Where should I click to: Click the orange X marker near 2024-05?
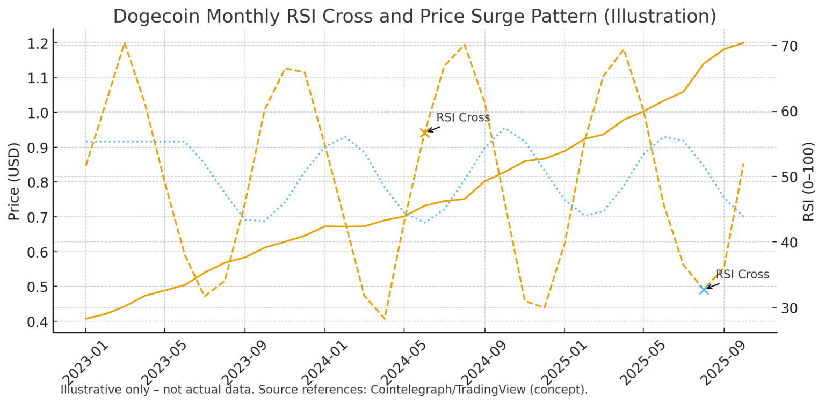coord(424,133)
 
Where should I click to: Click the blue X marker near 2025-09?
coord(704,290)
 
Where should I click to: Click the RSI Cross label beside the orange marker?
coord(463,117)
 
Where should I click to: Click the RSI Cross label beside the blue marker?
coord(742,274)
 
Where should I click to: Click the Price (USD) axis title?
coord(14,181)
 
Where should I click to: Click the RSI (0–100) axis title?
coord(809,181)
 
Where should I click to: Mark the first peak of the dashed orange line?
coord(125,43)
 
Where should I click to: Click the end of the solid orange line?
coord(744,42)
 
